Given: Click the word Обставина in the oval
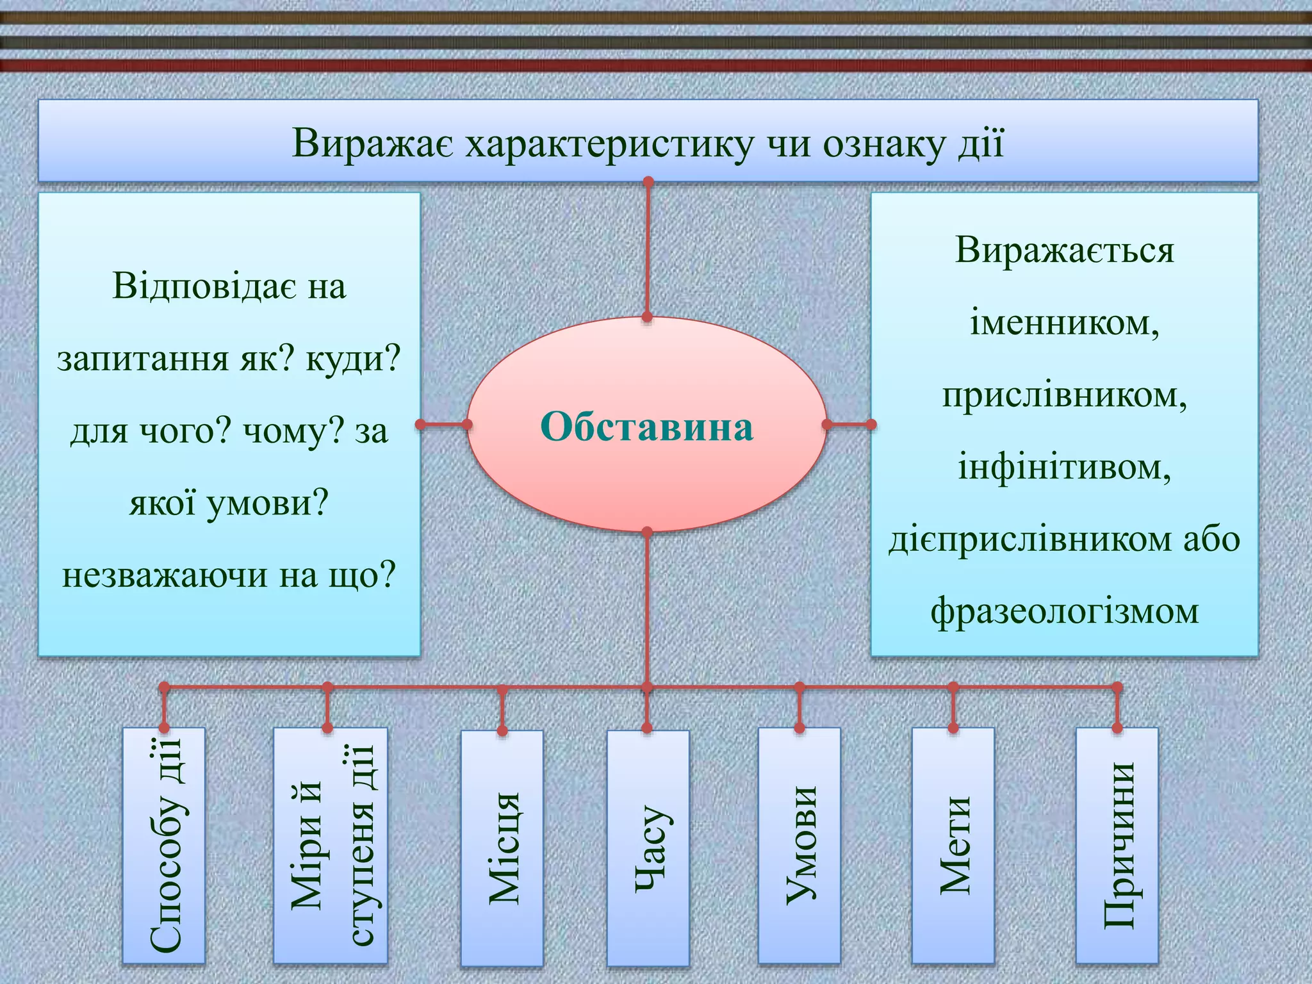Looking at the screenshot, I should [x=646, y=427].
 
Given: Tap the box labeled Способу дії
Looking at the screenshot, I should [x=164, y=846].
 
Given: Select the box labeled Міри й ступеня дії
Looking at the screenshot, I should [x=331, y=846].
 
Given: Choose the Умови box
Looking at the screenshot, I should [x=799, y=846].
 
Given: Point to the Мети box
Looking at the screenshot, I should [x=953, y=846].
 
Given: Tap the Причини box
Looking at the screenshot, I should [x=1117, y=846].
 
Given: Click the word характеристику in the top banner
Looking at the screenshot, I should [x=610, y=143].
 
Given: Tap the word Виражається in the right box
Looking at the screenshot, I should [x=1064, y=250].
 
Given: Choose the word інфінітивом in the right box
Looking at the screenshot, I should [x=1064, y=466].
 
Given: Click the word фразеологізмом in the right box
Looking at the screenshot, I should [x=1064, y=611].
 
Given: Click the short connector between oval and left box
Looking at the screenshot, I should [x=443, y=424].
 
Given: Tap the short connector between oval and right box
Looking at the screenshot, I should [x=849, y=424].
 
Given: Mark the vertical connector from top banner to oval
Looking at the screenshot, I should [x=648, y=250].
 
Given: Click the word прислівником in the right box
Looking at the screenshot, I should [x=1064, y=395].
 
